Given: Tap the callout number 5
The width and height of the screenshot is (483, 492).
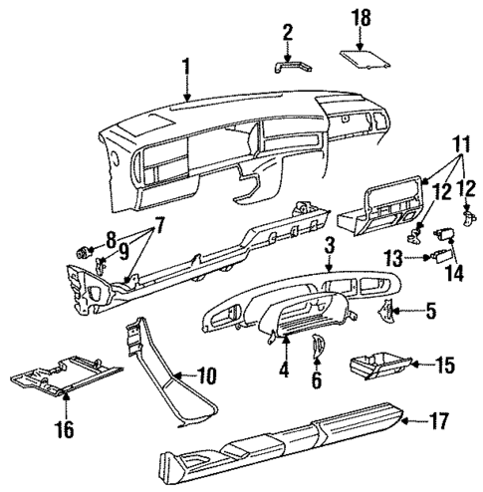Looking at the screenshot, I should pyautogui.click(x=430, y=313).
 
